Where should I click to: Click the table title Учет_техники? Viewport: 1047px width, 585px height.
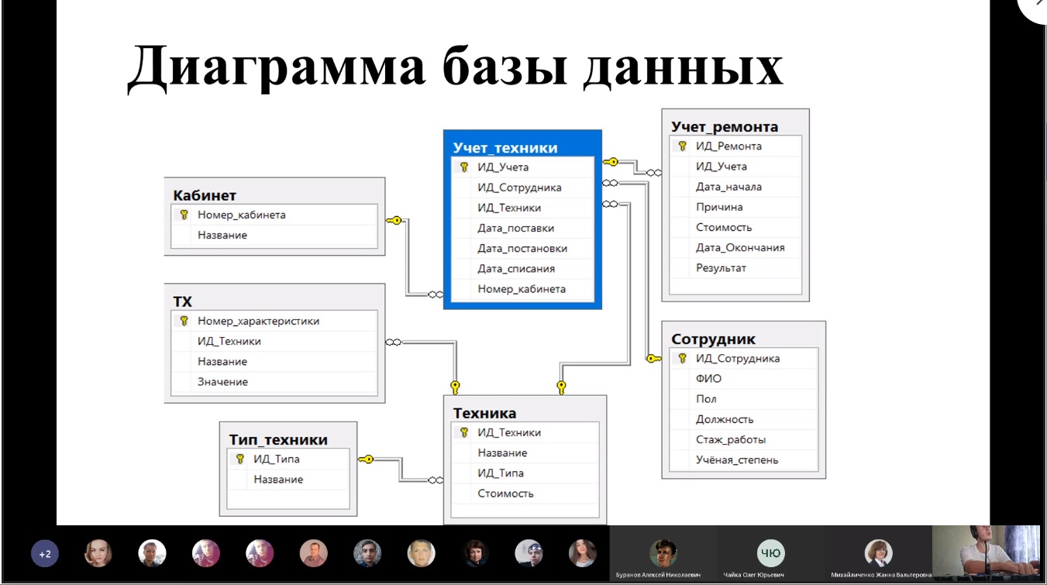[x=505, y=148]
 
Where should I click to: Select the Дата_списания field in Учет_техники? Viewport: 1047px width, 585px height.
[x=516, y=269]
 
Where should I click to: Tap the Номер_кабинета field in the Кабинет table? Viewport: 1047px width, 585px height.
[x=241, y=215]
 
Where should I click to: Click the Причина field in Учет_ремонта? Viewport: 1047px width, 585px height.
[x=719, y=207]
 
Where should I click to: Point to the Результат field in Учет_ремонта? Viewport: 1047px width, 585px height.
[x=721, y=268]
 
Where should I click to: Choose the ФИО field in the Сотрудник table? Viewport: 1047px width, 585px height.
[x=708, y=378]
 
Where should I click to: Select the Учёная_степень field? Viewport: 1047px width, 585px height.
[x=737, y=459]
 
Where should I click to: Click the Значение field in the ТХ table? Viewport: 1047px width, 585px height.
[x=222, y=382]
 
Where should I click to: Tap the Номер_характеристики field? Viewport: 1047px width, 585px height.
[x=258, y=321]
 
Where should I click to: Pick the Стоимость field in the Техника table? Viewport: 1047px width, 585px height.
[x=505, y=494]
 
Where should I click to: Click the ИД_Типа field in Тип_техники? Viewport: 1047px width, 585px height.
[x=276, y=459]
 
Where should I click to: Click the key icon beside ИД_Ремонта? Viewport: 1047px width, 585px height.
[x=683, y=146]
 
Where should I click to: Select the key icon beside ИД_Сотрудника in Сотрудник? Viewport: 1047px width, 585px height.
[x=683, y=359]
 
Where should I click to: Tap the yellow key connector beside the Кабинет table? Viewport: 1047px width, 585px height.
[x=394, y=220]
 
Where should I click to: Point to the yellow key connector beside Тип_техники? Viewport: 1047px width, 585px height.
[x=366, y=459]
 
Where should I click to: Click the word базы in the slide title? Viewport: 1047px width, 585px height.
[x=505, y=67]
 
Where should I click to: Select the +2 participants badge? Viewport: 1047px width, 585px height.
[x=45, y=554]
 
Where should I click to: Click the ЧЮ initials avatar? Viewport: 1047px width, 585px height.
[x=770, y=553]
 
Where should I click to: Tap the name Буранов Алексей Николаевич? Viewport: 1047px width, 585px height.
[x=658, y=575]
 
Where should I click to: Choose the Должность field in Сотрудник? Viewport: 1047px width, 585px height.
[x=725, y=419]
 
